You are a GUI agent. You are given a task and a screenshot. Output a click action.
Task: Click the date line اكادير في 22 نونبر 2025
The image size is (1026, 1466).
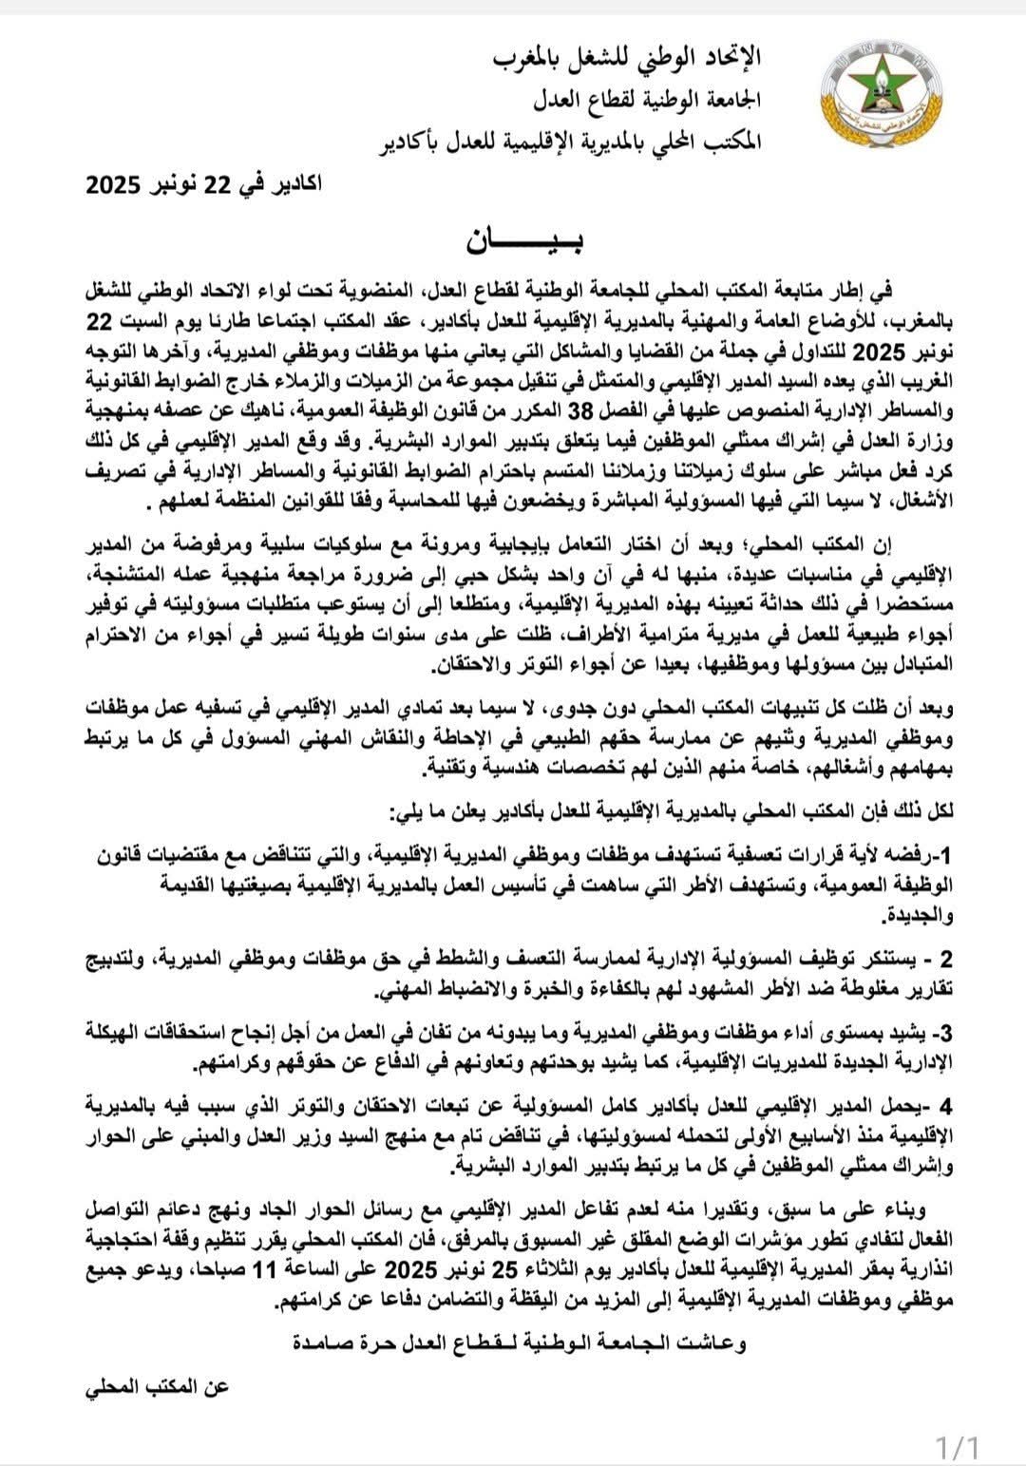[x=204, y=184]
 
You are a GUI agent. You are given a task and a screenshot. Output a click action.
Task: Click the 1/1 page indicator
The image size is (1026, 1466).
[x=957, y=1446]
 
